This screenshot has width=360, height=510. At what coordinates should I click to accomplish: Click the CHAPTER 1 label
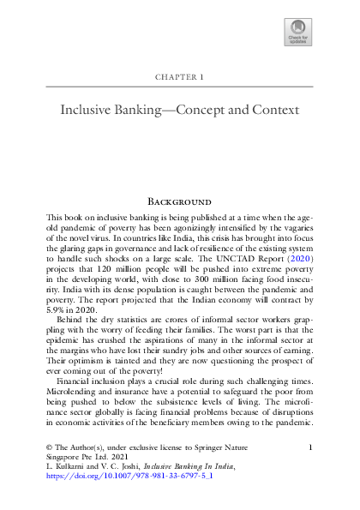pyautogui.click(x=179, y=77)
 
